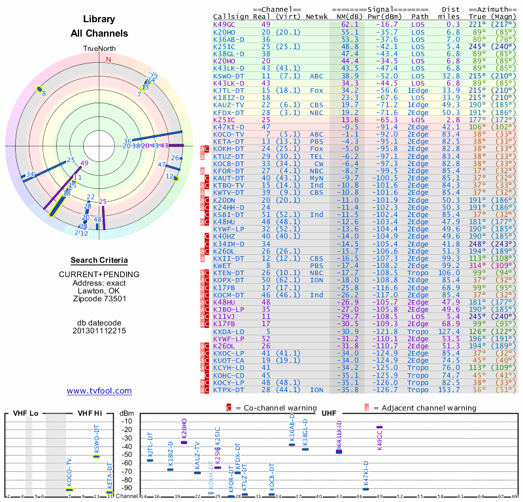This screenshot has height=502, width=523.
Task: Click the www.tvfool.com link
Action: (99, 391)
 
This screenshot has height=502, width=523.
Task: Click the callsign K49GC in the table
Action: (224, 24)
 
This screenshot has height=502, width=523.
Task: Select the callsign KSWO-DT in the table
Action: (228, 76)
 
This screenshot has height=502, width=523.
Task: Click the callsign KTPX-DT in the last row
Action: (228, 390)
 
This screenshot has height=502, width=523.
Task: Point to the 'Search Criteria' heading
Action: (99, 260)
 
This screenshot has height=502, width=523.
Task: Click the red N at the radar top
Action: (109, 59)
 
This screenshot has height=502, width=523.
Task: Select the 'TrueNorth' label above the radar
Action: (99, 49)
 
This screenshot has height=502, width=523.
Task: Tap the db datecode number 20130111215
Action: (99, 331)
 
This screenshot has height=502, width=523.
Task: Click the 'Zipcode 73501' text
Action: (99, 299)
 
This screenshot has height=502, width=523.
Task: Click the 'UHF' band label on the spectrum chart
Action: (329, 413)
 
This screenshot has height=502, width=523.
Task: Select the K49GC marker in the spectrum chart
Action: (379, 427)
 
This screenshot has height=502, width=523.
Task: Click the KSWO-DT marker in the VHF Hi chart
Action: (96, 456)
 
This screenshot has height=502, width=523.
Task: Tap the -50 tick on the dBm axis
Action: (127, 455)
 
